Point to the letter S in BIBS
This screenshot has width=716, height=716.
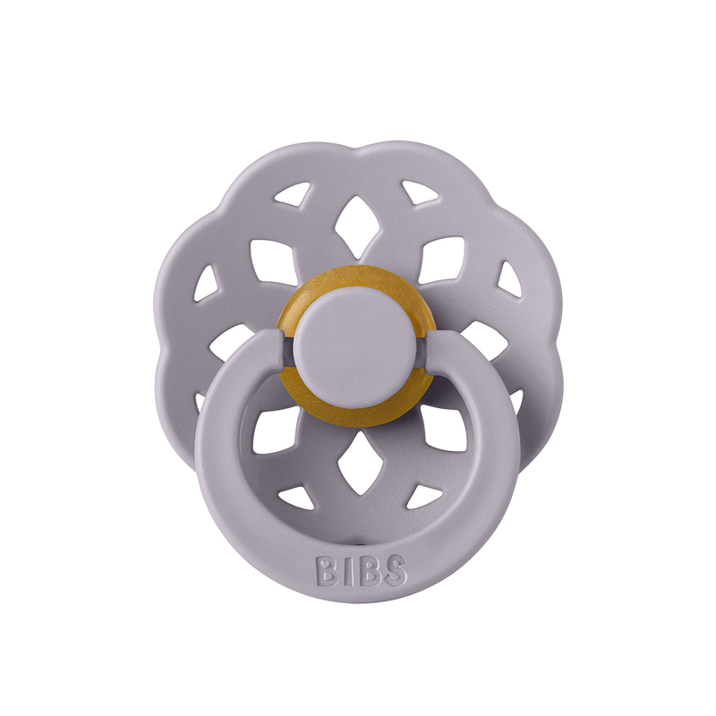395,569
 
